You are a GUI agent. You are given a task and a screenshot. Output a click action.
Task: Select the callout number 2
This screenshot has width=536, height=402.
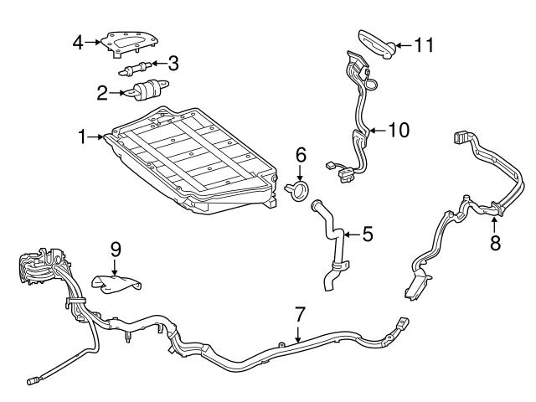point(103,92)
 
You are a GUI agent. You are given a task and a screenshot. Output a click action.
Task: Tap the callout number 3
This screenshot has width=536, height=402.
point(173,62)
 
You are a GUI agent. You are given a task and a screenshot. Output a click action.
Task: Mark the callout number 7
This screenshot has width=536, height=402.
point(299,315)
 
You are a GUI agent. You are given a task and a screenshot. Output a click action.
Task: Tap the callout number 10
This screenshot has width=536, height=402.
point(399,130)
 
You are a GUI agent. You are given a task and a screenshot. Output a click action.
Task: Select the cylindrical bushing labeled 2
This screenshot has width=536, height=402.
point(147,90)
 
